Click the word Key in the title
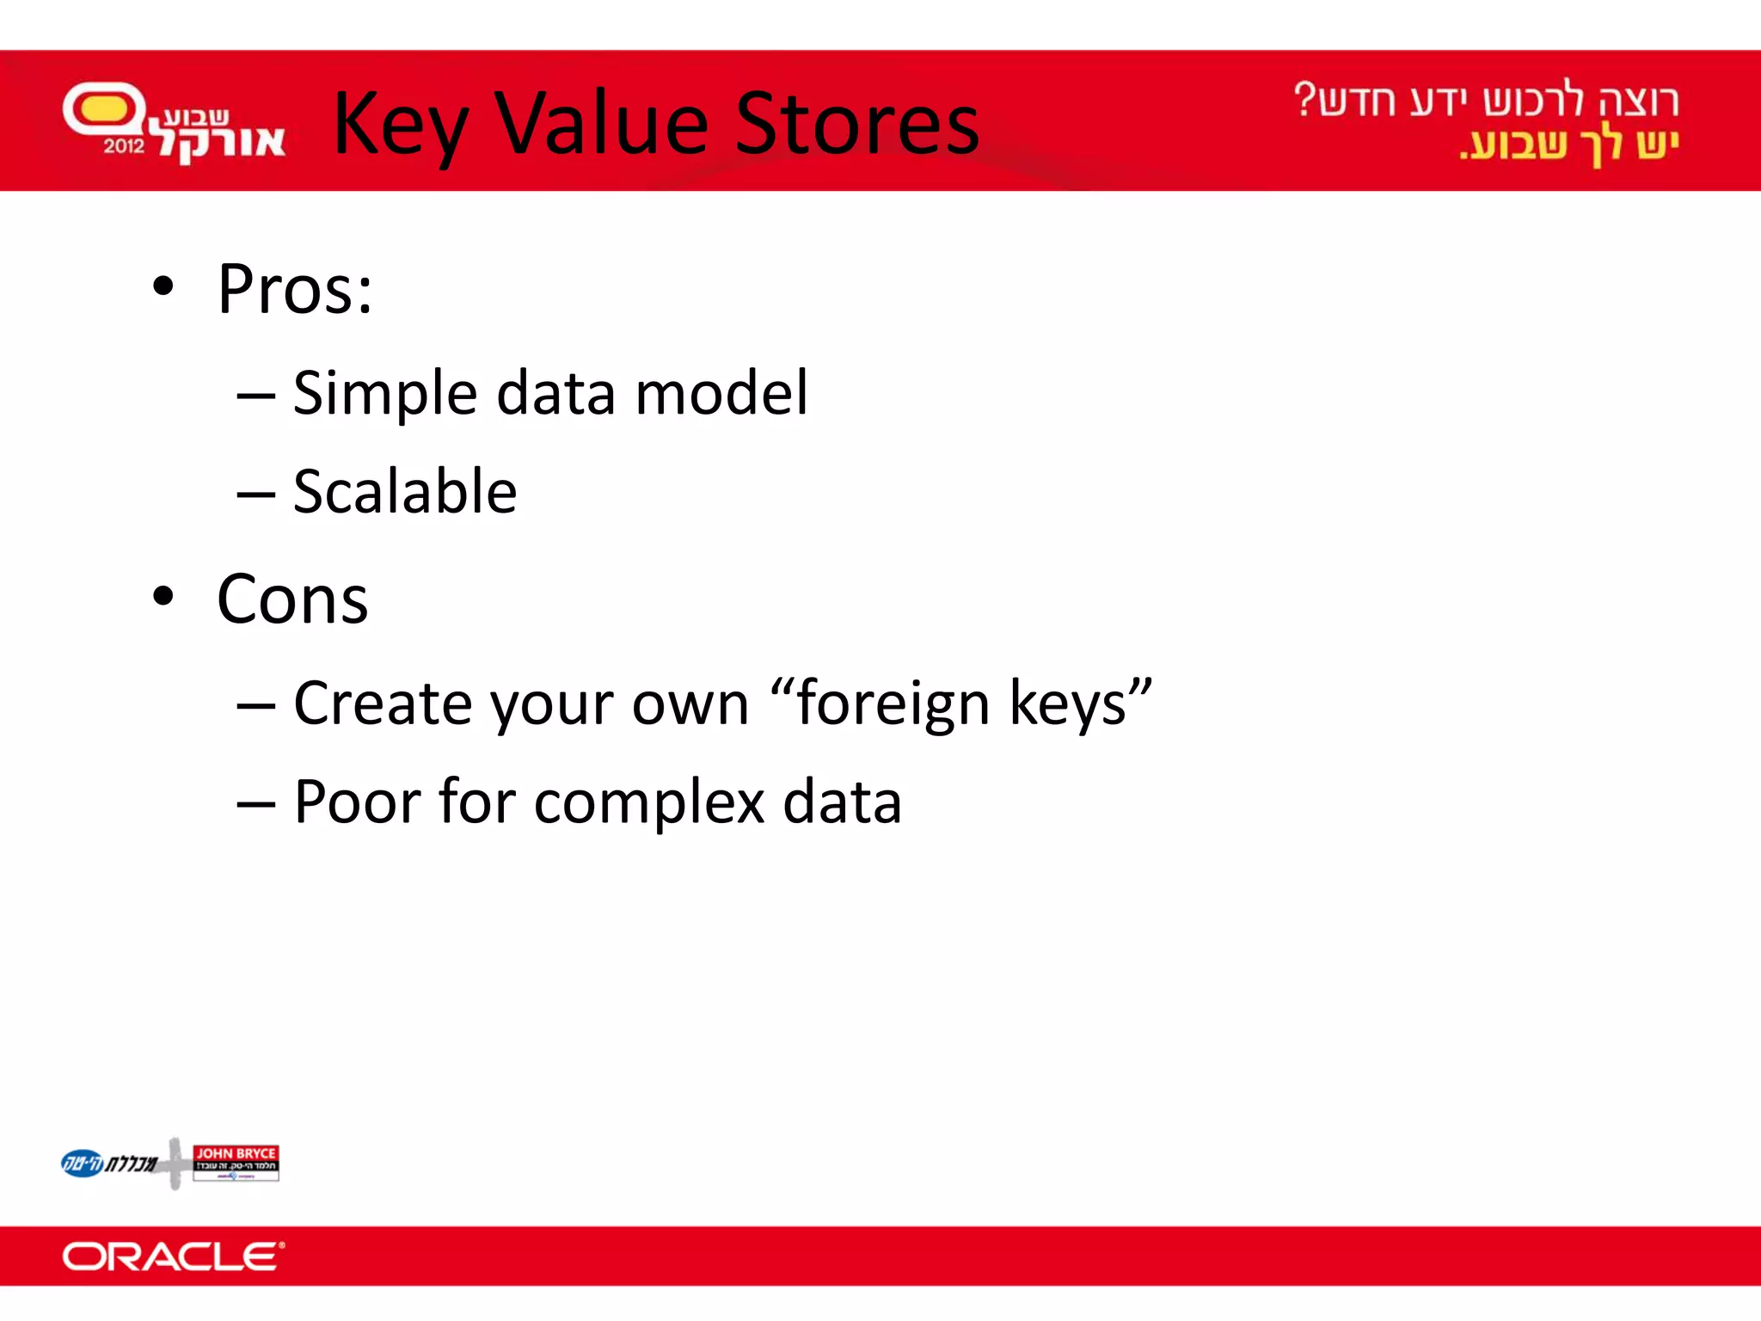pyautogui.click(x=400, y=125)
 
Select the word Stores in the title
pyautogui.click(x=857, y=125)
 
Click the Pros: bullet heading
pyautogui.click(x=295, y=290)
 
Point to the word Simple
pyautogui.click(x=383, y=394)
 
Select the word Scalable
pyautogui.click(x=405, y=492)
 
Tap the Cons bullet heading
pyautogui.click(x=292, y=599)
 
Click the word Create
pyautogui.click(x=383, y=704)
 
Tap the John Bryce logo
pyautogui.click(x=236, y=1163)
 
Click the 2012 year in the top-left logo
pyautogui.click(x=124, y=146)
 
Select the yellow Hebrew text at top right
pyautogui.click(x=1569, y=144)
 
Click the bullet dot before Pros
pyautogui.click(x=163, y=286)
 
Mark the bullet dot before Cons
pyautogui.click(x=163, y=596)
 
